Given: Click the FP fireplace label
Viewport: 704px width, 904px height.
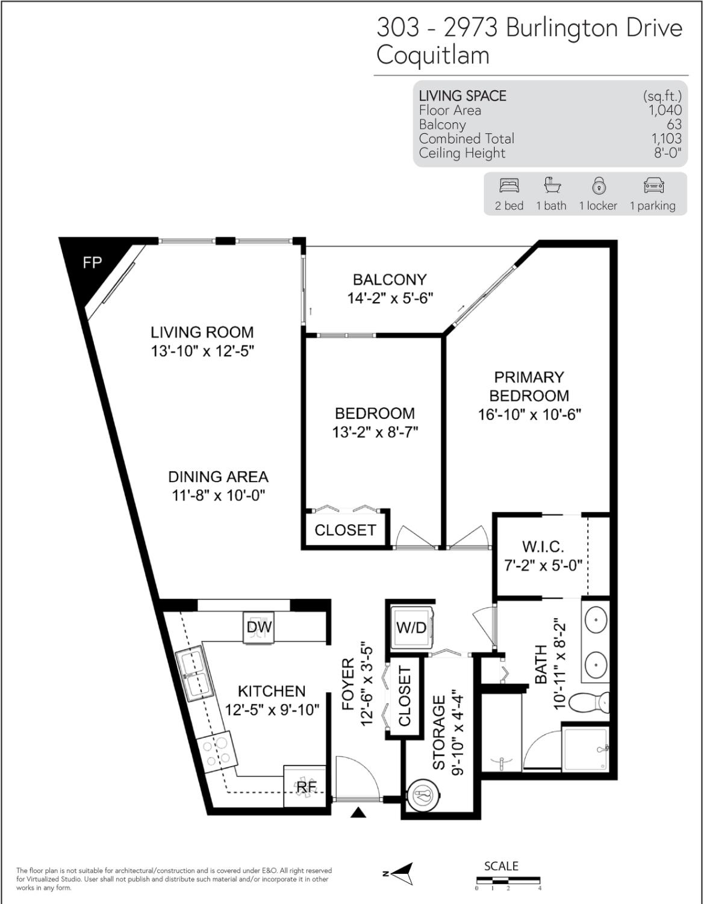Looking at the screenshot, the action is point(92,262).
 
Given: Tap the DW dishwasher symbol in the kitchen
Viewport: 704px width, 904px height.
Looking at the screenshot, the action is point(259,627).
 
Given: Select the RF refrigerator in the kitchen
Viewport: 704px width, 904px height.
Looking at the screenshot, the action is point(305,786).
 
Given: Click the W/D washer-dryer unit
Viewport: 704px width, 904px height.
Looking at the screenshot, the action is point(412,627).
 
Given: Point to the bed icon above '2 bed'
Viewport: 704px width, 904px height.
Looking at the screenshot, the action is point(509,185).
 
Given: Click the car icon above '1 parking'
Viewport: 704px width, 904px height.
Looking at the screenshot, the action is point(654,185).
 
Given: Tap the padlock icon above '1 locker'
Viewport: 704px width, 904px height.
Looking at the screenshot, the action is point(599,185).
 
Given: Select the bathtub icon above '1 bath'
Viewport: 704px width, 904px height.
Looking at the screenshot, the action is point(552,185).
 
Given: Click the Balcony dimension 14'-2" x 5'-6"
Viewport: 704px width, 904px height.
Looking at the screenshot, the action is point(390,299).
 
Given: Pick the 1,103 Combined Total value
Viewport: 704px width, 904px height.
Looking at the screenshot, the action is point(666,138).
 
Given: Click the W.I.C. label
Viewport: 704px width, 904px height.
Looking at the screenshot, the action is point(543,546).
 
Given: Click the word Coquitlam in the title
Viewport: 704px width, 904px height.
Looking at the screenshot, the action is point(433,56).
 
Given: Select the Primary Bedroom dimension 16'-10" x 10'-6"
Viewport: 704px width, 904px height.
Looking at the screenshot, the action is point(529,414).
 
